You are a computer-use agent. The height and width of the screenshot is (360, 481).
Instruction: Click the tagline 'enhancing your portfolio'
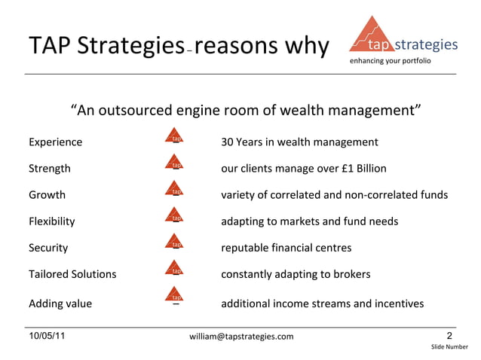390,60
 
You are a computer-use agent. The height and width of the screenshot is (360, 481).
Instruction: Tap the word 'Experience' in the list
56,142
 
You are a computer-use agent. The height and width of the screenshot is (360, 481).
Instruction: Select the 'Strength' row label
50,169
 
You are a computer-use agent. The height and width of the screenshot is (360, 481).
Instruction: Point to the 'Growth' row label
47,195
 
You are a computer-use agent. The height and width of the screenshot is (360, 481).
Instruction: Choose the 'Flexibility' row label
51,221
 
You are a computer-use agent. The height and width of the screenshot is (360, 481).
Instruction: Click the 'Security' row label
48,248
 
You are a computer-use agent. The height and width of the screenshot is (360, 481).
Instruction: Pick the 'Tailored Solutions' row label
72,274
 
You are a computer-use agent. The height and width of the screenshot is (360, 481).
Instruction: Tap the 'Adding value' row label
60,304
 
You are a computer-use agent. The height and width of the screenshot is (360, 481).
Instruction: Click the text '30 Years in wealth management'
299,142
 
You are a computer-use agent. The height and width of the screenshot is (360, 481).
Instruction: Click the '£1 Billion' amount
391,169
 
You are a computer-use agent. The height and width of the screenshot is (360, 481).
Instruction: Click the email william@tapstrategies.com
241,337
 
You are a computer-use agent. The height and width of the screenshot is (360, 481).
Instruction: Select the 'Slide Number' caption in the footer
449,347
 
